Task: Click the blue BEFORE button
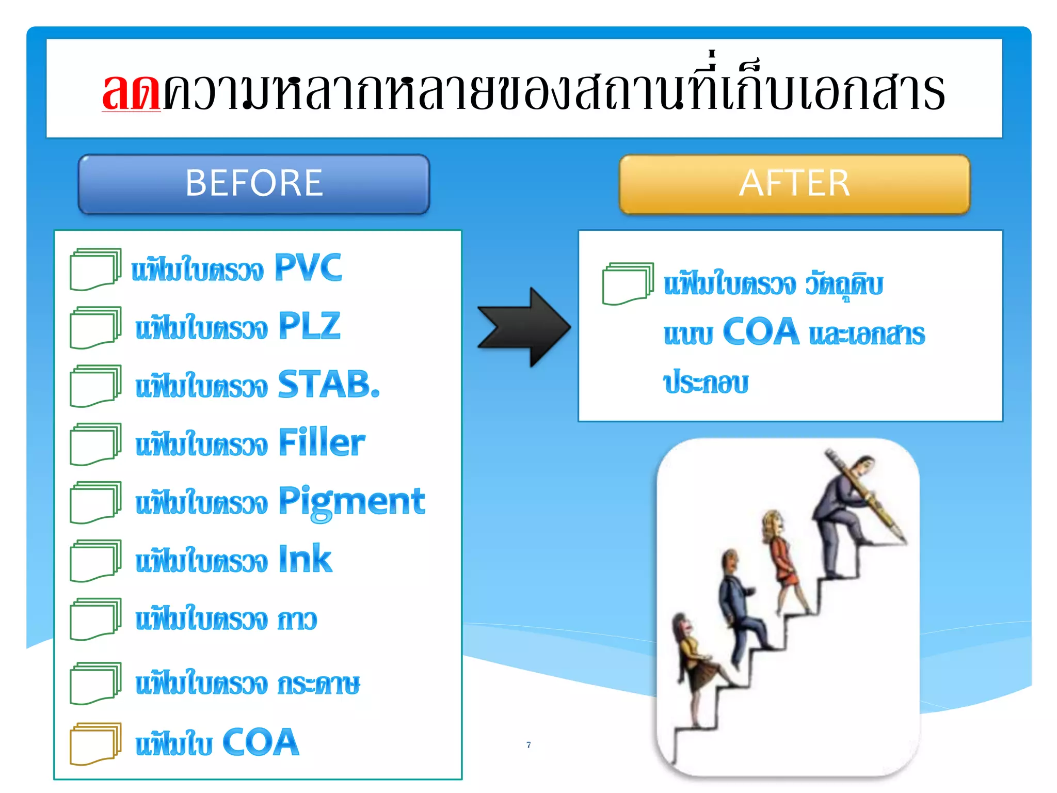(x=253, y=184)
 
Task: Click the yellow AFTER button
(x=794, y=184)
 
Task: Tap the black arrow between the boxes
(x=524, y=327)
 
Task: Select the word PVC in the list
(x=308, y=267)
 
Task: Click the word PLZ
(x=310, y=326)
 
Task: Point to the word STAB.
(x=329, y=385)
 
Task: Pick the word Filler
(x=322, y=443)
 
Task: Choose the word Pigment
(x=352, y=502)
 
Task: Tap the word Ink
(x=305, y=560)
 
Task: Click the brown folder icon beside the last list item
(x=95, y=743)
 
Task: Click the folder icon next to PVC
(x=95, y=269)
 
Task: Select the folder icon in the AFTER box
(x=627, y=283)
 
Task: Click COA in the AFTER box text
(x=761, y=332)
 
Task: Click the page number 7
(x=528, y=744)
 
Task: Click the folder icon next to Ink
(x=95, y=561)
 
